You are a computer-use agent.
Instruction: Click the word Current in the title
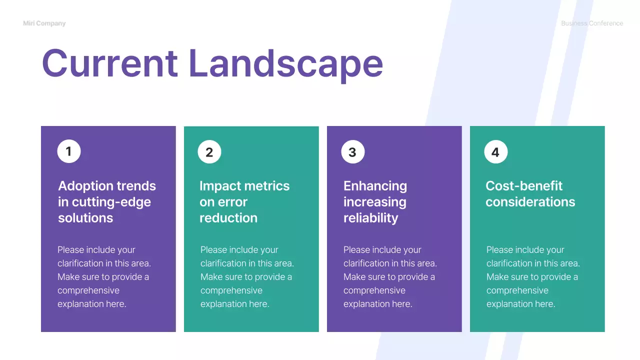pyautogui.click(x=109, y=63)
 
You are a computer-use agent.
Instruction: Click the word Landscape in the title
pyautogui.click(x=285, y=63)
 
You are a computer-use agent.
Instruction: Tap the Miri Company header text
pyautogui.click(x=44, y=23)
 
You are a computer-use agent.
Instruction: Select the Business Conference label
pyautogui.click(x=591, y=23)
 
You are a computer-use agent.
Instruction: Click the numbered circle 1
pyautogui.click(x=69, y=151)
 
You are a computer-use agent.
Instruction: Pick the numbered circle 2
pyautogui.click(x=209, y=152)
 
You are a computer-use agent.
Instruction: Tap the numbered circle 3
pyautogui.click(x=352, y=152)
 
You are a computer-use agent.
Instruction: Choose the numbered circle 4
pyautogui.click(x=495, y=152)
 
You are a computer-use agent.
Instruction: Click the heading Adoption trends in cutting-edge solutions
pyautogui.click(x=106, y=202)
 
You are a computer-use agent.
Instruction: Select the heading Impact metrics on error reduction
pyautogui.click(x=244, y=202)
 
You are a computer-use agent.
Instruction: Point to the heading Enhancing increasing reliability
pyautogui.click(x=375, y=202)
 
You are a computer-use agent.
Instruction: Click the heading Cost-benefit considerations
pyautogui.click(x=530, y=194)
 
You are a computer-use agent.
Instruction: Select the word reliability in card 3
pyautogui.click(x=370, y=218)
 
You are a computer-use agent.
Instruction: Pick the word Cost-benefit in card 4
pyautogui.click(x=524, y=186)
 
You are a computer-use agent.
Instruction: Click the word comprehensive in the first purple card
pyautogui.click(x=88, y=290)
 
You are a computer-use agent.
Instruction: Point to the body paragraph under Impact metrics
pyautogui.click(x=247, y=277)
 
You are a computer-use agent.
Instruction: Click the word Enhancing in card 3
pyautogui.click(x=375, y=186)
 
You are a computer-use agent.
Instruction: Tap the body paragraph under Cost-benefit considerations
pyautogui.click(x=533, y=277)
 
